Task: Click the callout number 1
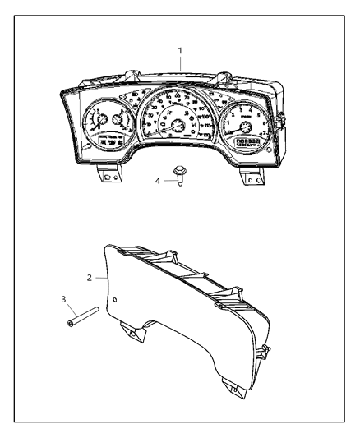pyautogui.click(x=180, y=51)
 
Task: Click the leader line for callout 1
pyautogui.click(x=180, y=66)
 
